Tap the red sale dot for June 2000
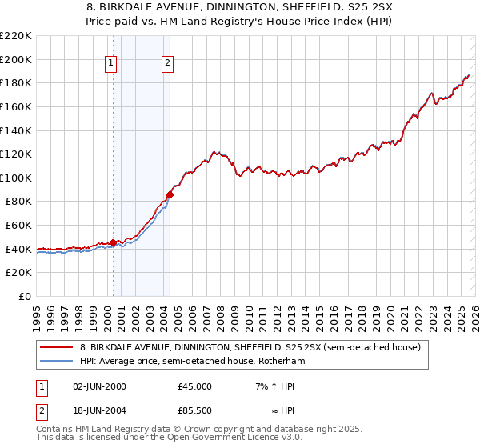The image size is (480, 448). pyautogui.click(x=113, y=242)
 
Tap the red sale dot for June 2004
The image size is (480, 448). pyautogui.click(x=170, y=194)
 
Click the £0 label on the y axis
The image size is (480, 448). pyautogui.click(x=25, y=296)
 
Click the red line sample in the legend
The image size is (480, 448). pyautogui.click(x=56, y=347)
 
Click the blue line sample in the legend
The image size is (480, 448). pyautogui.click(x=56, y=362)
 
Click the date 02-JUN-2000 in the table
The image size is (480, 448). pyautogui.click(x=99, y=386)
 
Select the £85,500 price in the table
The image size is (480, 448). pyautogui.click(x=195, y=412)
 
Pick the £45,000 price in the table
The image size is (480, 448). pyautogui.click(x=195, y=386)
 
